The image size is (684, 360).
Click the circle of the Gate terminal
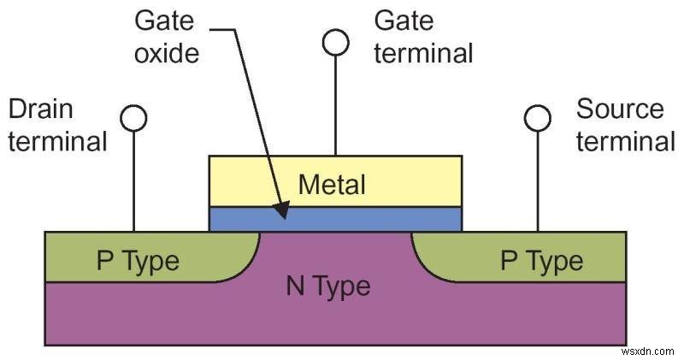335,42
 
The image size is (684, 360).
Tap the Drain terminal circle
134,118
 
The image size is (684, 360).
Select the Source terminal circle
538,118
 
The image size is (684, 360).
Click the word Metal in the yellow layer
332,183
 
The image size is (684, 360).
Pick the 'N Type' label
328,286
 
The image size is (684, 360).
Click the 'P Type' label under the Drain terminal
138,260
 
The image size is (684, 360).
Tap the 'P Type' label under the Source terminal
542,260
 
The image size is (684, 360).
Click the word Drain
40,109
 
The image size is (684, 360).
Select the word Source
620,109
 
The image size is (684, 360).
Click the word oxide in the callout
167,53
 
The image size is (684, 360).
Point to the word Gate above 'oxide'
163,21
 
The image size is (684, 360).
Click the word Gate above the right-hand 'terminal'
404,21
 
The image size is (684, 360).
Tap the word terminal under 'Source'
625,140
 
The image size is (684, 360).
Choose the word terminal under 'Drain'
57,140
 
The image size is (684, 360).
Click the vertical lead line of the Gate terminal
335,103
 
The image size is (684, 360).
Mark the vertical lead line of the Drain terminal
134,180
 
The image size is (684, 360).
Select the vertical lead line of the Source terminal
538,180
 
